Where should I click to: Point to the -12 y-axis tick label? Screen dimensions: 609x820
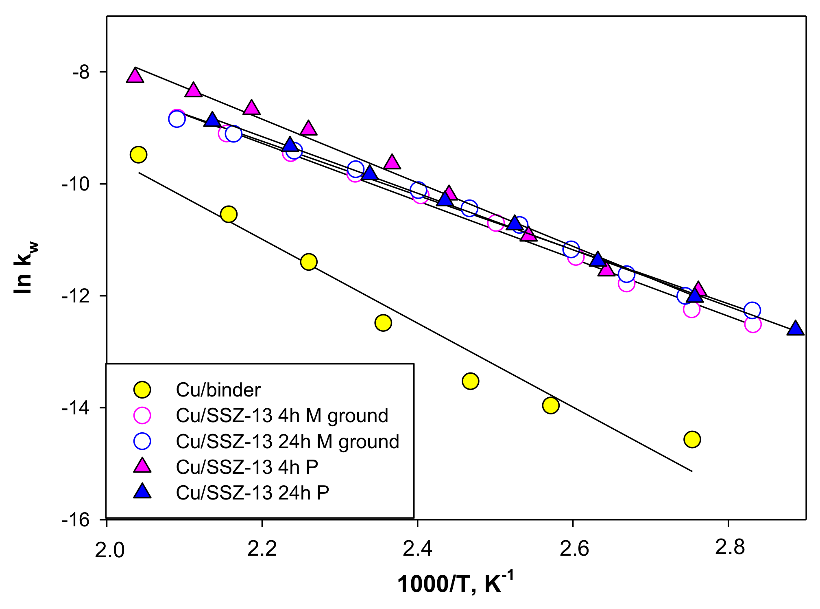[75, 296]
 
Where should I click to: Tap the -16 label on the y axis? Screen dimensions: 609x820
[75, 520]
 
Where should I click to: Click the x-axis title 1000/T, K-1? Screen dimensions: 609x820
[455, 583]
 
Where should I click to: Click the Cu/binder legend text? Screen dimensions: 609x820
[218, 390]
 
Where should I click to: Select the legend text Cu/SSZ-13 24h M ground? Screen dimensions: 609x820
[288, 442]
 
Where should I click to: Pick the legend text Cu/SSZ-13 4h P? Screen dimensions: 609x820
[247, 467]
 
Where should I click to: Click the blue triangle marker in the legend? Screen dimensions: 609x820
[142, 492]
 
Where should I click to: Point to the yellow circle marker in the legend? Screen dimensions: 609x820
[142, 390]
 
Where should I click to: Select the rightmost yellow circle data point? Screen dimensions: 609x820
[692, 439]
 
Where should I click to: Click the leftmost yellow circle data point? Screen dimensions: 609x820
[138, 155]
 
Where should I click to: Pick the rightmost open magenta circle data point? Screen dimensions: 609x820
[753, 324]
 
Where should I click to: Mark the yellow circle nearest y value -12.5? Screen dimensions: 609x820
[383, 323]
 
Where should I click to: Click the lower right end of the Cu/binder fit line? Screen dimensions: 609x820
[691, 471]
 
